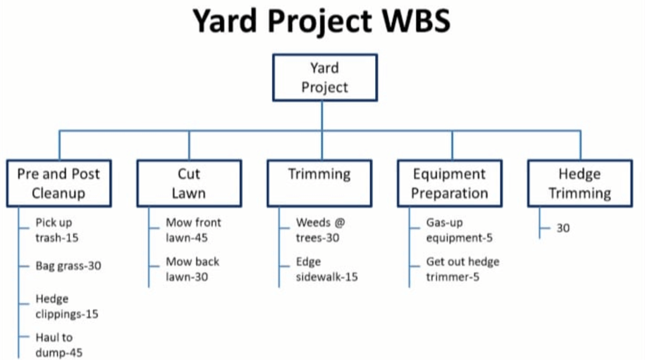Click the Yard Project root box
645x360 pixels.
coord(324,77)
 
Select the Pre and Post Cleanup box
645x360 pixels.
coord(59,183)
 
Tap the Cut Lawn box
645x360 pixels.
coord(188,183)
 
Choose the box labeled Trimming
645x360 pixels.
coord(319,183)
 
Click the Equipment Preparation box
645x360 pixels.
coord(450,183)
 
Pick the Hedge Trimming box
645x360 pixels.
coord(579,183)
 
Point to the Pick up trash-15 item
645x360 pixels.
coord(58,230)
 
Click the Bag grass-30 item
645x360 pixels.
coord(68,266)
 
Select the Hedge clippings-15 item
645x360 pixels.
coord(67,306)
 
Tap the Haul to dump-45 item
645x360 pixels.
coord(59,345)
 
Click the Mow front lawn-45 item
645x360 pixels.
coord(193,230)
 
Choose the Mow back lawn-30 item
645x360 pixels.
coord(192,269)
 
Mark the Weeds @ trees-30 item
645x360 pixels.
coord(321,230)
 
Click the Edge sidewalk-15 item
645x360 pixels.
coord(327,269)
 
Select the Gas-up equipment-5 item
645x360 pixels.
coord(459,230)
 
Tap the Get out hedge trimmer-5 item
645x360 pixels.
coord(462,269)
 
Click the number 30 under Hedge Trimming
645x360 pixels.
coord(563,228)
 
